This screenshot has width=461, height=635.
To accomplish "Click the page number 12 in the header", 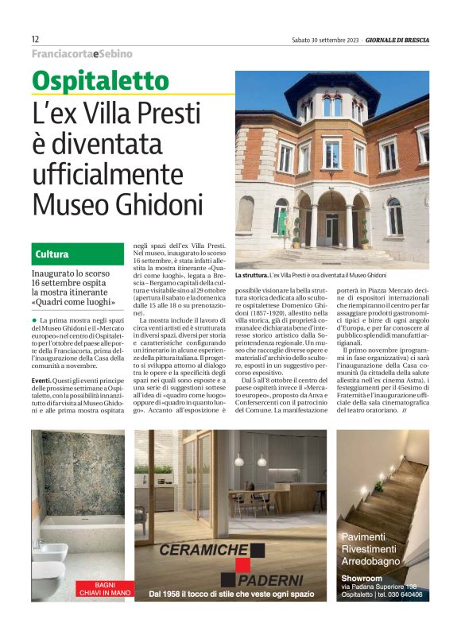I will [x=36, y=39].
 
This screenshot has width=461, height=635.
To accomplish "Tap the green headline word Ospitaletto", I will [x=100, y=81].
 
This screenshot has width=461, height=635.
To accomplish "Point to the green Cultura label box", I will [x=78, y=254].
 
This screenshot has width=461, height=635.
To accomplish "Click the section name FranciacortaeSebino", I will [x=83, y=54].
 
